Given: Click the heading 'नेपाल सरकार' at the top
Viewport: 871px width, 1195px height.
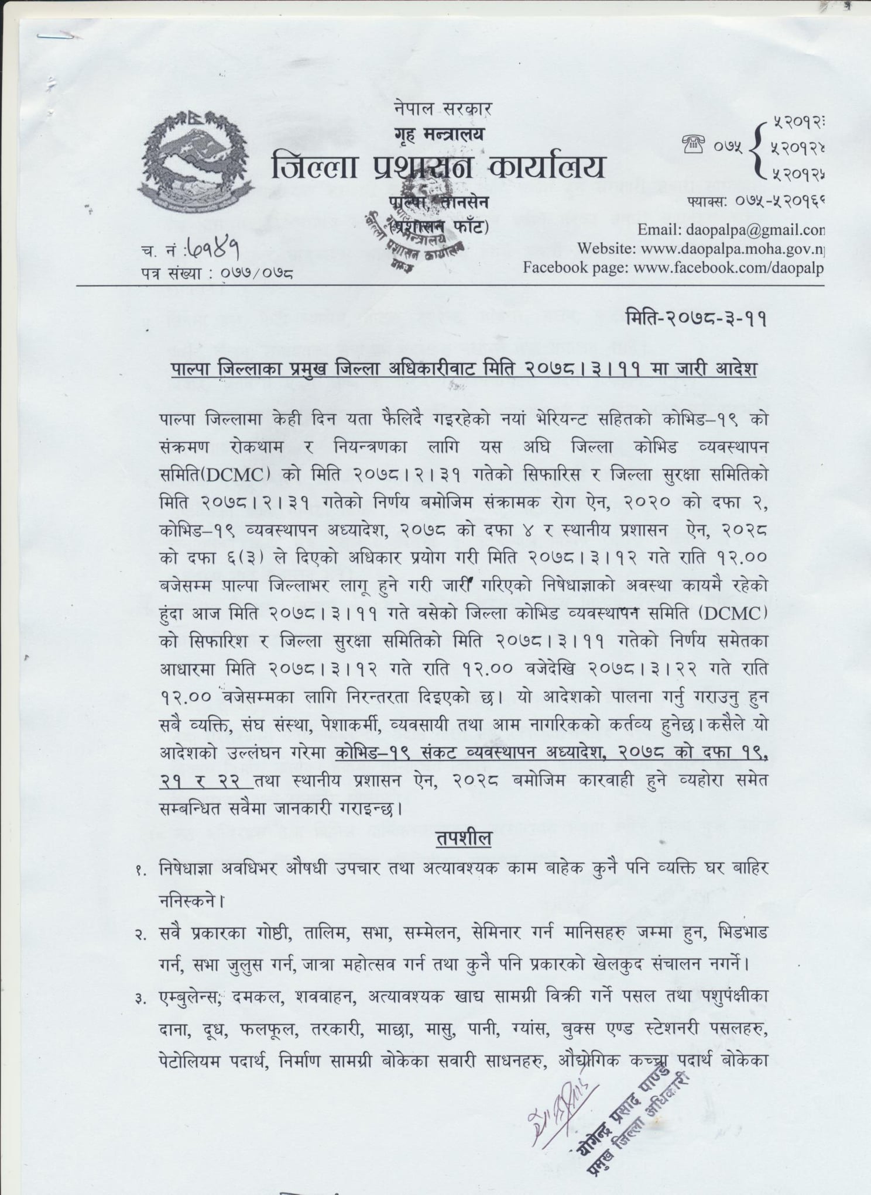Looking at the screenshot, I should coord(443,109).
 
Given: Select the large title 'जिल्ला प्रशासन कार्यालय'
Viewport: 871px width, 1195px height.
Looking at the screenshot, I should coord(438,168).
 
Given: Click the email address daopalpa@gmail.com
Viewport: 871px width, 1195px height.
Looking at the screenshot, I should coord(731,229).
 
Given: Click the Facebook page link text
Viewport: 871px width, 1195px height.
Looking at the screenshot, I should coord(673,268).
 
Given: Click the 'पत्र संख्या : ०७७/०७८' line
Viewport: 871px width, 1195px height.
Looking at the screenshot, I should coord(217,272).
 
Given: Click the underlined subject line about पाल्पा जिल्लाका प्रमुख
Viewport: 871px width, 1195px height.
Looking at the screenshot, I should coord(464,370).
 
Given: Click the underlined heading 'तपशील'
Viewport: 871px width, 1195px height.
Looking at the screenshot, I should coord(463,838).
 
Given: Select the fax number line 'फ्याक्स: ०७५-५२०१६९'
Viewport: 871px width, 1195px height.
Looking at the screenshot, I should coord(756,202).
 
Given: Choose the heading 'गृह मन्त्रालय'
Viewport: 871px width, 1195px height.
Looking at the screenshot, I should coord(440,135).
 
